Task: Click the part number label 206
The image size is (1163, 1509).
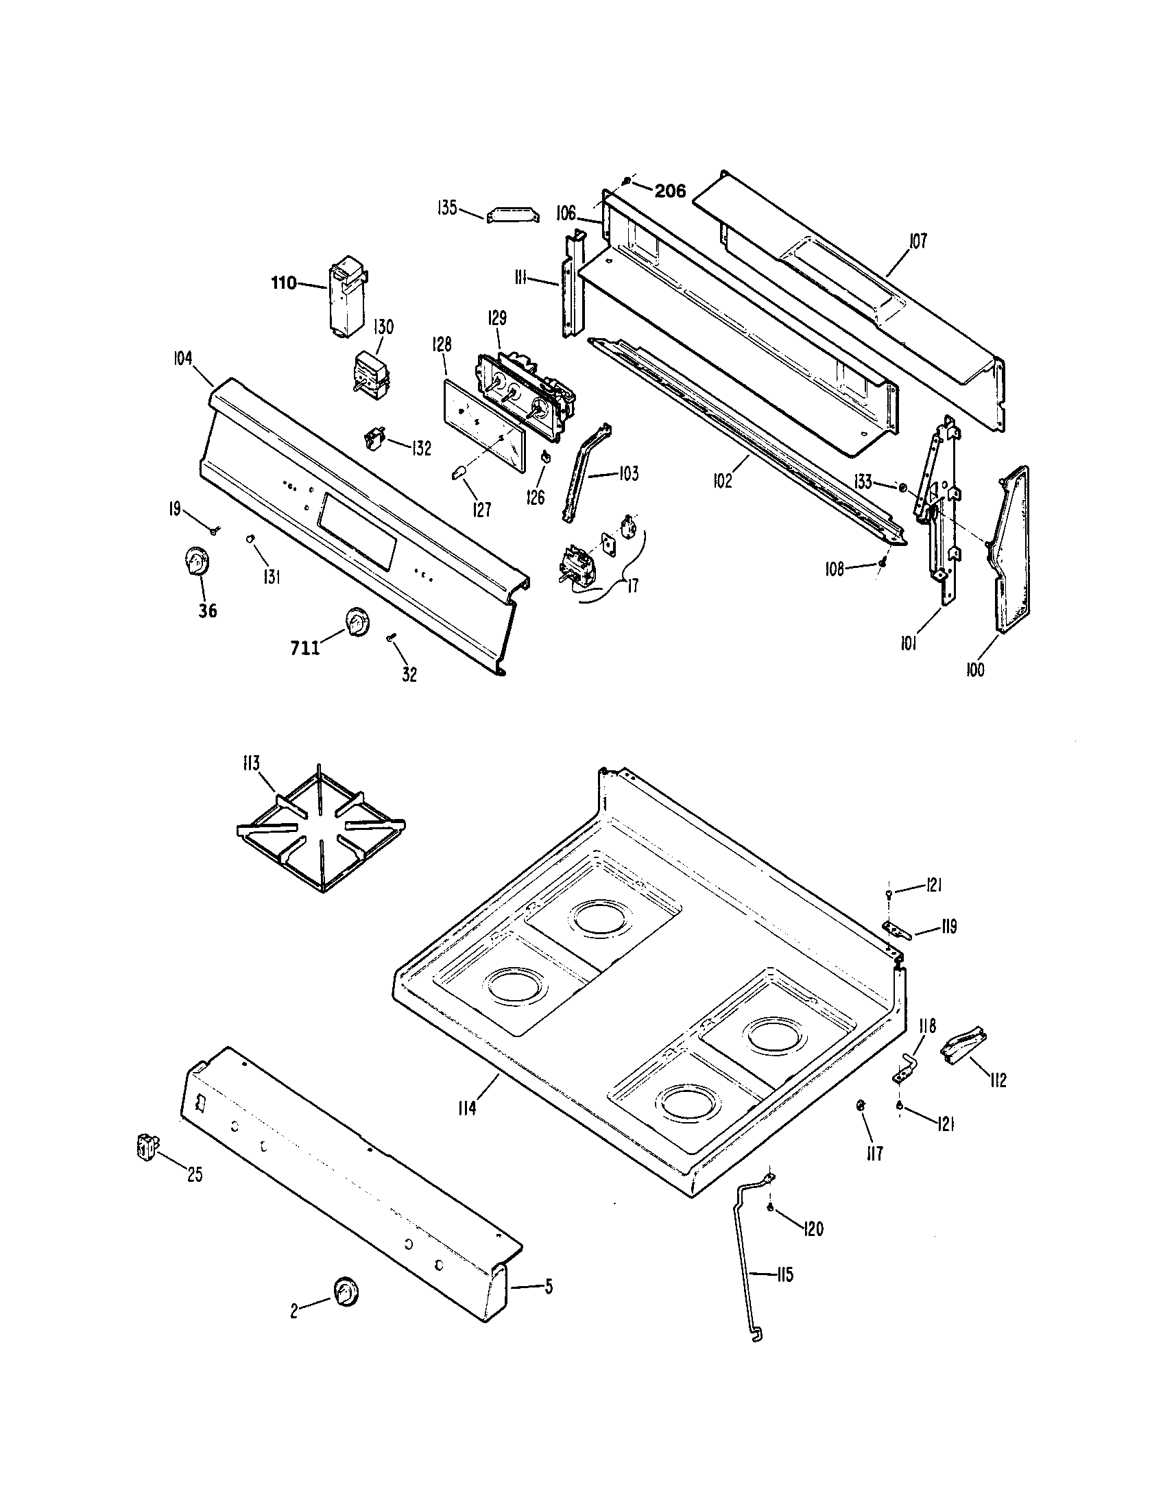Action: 670,191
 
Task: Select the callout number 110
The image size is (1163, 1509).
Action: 284,283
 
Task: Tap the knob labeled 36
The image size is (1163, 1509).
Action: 197,560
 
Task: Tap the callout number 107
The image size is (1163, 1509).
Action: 918,241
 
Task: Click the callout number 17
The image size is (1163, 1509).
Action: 632,585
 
